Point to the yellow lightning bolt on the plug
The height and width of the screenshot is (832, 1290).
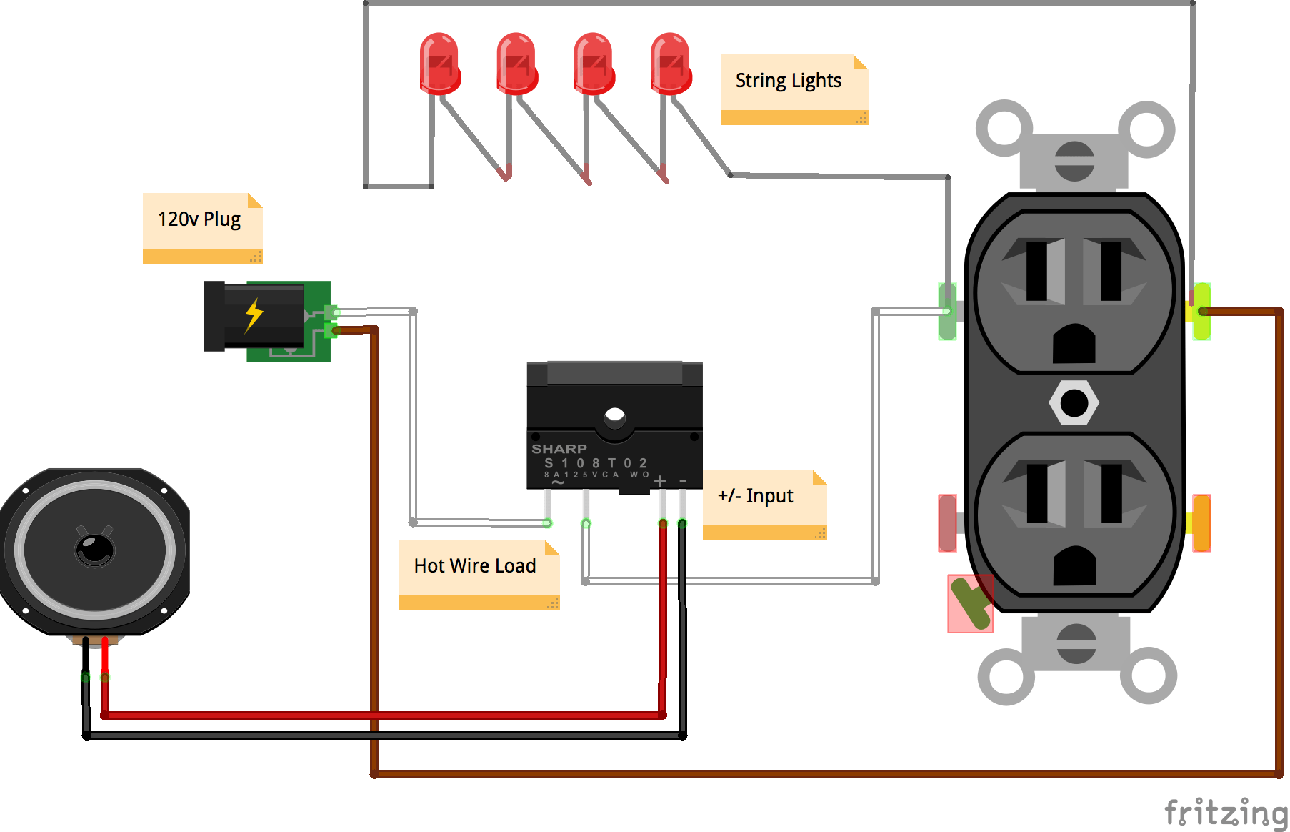(x=254, y=315)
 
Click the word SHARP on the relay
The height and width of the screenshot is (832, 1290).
(x=559, y=449)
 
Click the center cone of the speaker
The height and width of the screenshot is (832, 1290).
(x=95, y=549)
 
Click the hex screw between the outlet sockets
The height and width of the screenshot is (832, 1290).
(x=1074, y=403)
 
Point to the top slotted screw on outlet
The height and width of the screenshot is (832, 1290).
(x=1074, y=161)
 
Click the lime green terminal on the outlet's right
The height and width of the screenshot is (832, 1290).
(x=1202, y=311)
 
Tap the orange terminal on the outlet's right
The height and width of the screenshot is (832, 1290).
(x=1201, y=523)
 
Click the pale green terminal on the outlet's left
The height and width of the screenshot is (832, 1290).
(x=947, y=311)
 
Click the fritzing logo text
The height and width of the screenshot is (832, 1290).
(x=1225, y=812)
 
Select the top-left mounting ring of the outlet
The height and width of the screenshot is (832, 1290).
(x=1004, y=129)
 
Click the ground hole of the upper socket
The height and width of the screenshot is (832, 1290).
(x=1074, y=345)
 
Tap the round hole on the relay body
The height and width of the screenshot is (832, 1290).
(x=614, y=415)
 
